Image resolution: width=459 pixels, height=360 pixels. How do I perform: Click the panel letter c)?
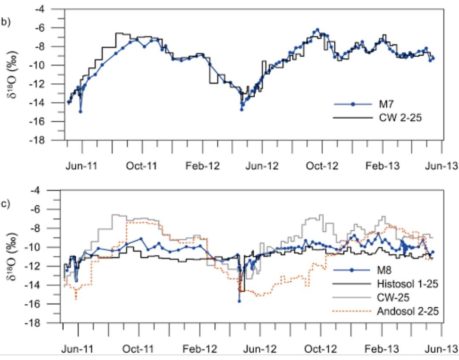click(x=6, y=204)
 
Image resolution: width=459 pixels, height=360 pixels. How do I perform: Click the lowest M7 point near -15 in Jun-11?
click(x=80, y=111)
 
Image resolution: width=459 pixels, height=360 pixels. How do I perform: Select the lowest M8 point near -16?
click(x=239, y=301)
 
